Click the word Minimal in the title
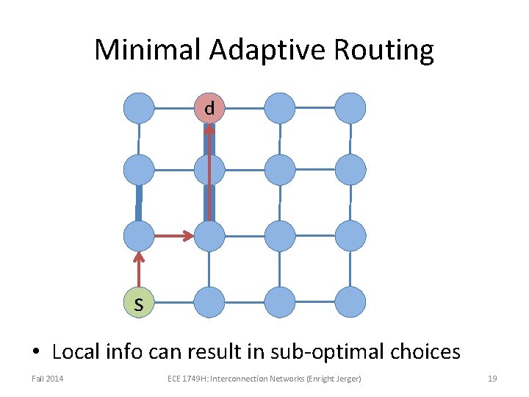click(x=146, y=51)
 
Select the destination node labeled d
click(x=209, y=108)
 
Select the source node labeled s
click(x=139, y=302)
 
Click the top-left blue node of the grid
click(x=139, y=108)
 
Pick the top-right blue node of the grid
click(x=350, y=108)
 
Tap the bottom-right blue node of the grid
click(x=350, y=302)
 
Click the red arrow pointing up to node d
click(x=209, y=173)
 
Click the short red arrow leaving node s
click(x=139, y=268)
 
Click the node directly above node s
click(x=139, y=236)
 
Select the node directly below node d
click(x=209, y=170)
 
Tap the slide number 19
click(x=492, y=379)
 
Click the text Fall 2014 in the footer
click(x=47, y=379)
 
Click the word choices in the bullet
click(x=426, y=352)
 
